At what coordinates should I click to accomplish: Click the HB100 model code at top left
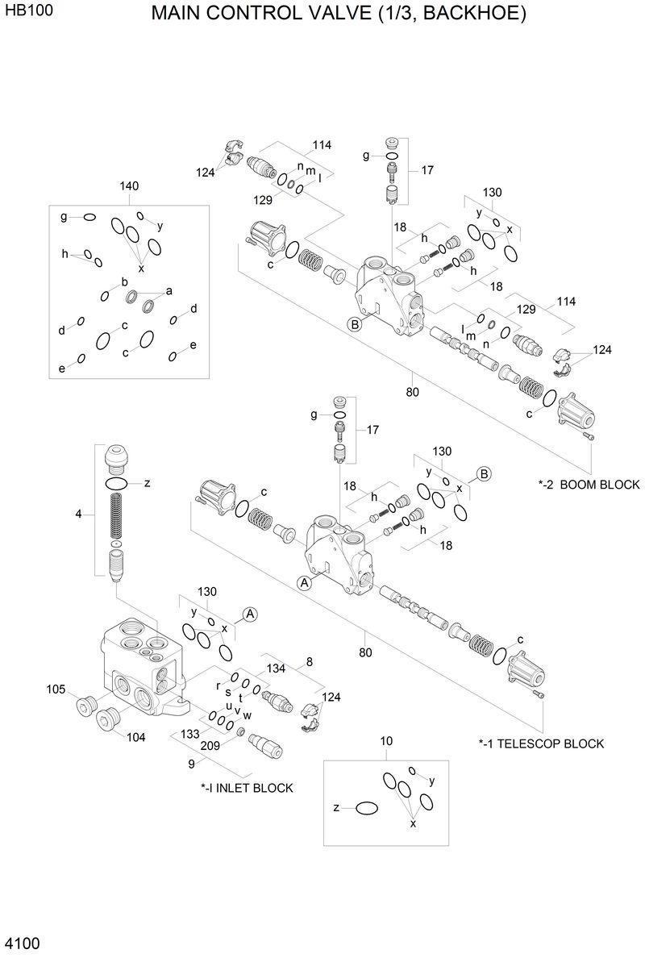[x=23, y=14]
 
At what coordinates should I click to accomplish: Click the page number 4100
[x=22, y=943]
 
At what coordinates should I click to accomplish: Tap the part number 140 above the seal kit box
[x=129, y=186]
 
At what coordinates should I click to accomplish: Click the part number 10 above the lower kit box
[x=386, y=741]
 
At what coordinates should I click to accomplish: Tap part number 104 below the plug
[x=135, y=737]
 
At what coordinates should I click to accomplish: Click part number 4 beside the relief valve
[x=78, y=513]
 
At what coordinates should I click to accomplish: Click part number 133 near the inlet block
[x=189, y=734]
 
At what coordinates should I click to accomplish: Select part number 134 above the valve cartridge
[x=277, y=669]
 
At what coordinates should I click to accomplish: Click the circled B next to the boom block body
[x=354, y=324]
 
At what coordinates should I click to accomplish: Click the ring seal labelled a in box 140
[x=150, y=306]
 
